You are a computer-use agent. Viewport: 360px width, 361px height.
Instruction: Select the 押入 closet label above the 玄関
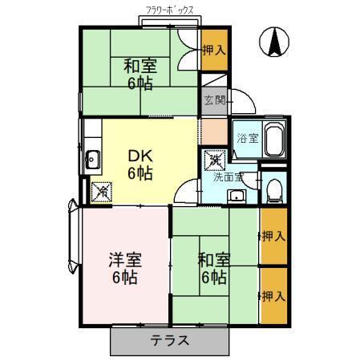(x=213, y=50)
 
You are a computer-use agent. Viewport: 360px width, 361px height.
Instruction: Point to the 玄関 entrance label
(x=214, y=100)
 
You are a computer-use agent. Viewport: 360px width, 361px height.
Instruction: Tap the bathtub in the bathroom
(x=275, y=141)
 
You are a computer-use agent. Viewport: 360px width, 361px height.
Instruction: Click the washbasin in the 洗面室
(x=237, y=197)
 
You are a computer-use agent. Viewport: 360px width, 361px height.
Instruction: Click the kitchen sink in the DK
(x=91, y=158)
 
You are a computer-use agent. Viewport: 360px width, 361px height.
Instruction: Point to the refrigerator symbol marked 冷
(x=102, y=192)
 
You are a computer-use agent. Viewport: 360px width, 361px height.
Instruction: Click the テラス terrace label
(x=171, y=340)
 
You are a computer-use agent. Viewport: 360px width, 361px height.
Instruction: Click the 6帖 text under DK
(x=141, y=172)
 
